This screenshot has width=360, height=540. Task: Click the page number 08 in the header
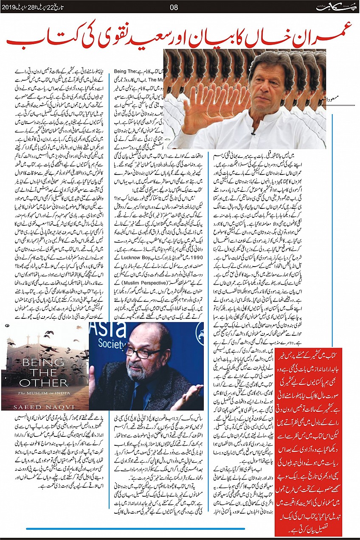[174, 6]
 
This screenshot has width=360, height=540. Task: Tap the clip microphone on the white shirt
[253, 133]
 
